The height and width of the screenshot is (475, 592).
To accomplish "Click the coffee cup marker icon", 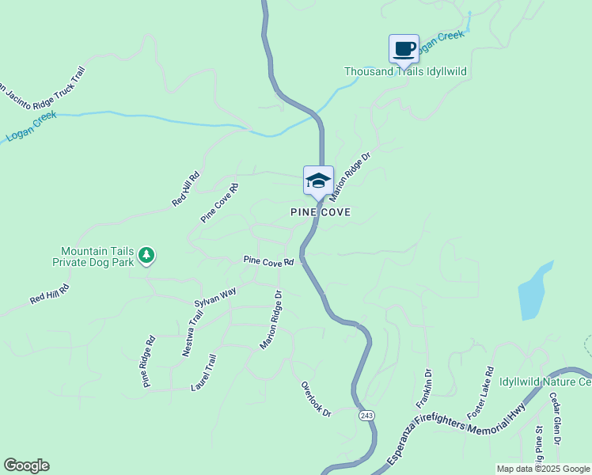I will tap(404, 49).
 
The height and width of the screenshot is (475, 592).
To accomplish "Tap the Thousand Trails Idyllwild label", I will tap(405, 72).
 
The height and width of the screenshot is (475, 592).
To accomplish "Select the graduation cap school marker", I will tap(318, 180).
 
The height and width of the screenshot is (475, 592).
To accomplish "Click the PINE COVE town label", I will tap(321, 212).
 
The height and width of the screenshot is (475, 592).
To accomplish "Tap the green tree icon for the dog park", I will tap(146, 255).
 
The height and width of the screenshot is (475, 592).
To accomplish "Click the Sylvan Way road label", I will tap(215, 298).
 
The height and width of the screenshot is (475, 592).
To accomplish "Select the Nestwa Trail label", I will tap(192, 332).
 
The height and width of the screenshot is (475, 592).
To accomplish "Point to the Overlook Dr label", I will tap(315, 399).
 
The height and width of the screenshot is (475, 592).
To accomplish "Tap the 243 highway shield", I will tap(366, 416).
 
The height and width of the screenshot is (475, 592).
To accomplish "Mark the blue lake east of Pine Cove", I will tap(533, 291).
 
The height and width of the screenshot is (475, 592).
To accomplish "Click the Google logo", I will tap(26, 465).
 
